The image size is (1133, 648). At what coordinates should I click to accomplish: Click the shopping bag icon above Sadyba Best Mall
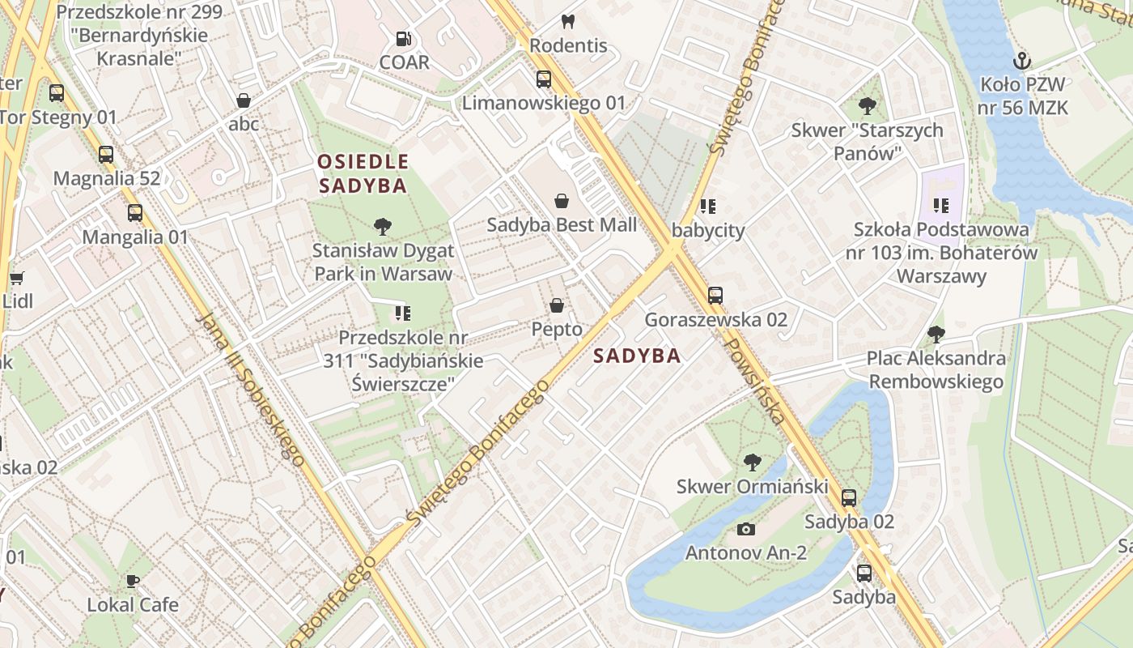(x=562, y=201)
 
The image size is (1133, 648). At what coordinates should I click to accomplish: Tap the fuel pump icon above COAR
(x=403, y=38)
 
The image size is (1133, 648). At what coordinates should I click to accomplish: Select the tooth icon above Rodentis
(x=568, y=22)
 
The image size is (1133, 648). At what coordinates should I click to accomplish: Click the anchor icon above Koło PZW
(x=1023, y=61)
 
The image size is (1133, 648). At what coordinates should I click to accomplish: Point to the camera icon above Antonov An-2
(x=746, y=530)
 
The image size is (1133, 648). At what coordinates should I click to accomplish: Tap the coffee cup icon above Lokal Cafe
(x=133, y=581)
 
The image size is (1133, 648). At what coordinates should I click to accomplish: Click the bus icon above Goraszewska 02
(x=715, y=296)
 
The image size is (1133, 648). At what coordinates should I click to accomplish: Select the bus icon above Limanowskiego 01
(x=544, y=79)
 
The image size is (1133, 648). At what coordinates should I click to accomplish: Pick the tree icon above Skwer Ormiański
(x=753, y=463)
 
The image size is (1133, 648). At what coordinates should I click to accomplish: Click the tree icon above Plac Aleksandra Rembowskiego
(x=936, y=335)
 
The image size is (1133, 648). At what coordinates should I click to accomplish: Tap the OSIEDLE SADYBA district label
(x=363, y=173)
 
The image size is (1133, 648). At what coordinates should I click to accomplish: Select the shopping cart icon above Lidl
(x=16, y=278)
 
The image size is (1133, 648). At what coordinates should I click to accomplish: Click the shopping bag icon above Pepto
(x=557, y=305)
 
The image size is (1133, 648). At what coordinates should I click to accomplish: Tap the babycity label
(x=708, y=231)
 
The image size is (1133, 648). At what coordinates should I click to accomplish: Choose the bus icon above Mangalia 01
(x=135, y=213)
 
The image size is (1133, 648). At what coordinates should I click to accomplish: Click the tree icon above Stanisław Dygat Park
(x=383, y=227)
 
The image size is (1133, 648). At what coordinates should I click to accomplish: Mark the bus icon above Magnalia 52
(x=106, y=155)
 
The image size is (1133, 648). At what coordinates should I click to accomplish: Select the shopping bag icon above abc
(x=243, y=100)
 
